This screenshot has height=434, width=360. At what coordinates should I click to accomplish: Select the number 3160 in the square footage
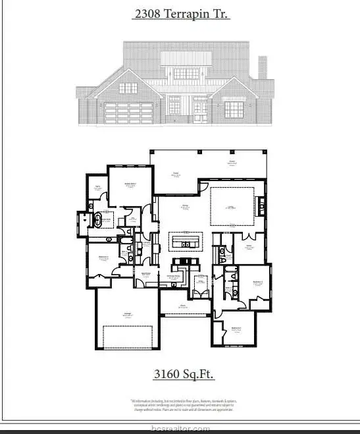[x=167, y=374]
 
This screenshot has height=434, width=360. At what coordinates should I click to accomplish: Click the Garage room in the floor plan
[x=126, y=319]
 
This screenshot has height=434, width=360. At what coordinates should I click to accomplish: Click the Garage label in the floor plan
[x=126, y=315]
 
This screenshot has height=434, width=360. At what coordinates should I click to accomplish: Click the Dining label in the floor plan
[x=185, y=207]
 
